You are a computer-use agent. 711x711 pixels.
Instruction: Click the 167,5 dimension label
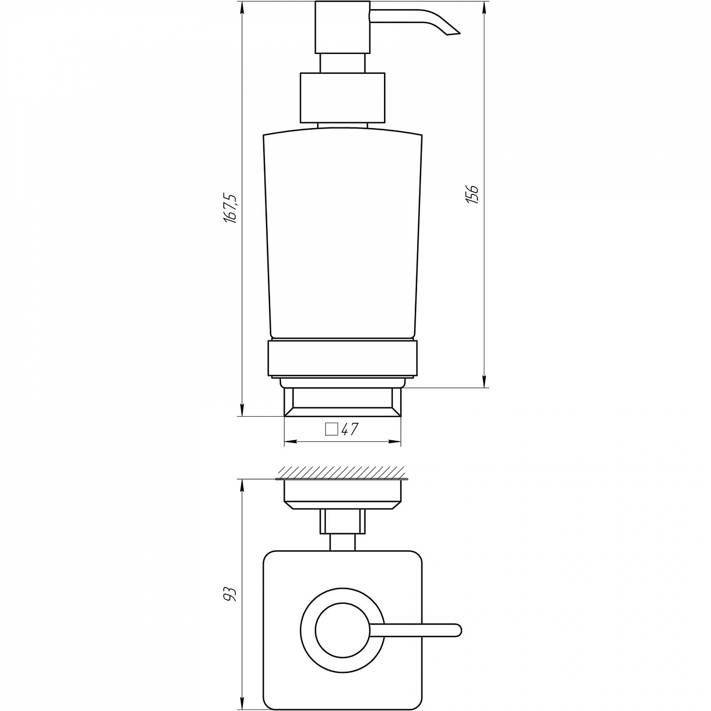click(x=230, y=209)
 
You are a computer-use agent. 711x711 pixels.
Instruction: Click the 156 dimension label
click(x=473, y=194)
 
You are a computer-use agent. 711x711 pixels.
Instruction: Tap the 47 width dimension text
click(x=350, y=429)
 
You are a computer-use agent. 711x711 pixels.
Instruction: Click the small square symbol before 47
click(x=331, y=429)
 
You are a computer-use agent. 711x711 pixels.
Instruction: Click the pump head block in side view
click(x=342, y=27)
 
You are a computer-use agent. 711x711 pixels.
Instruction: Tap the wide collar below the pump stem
click(x=342, y=98)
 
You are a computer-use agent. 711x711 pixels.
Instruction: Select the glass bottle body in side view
click(x=342, y=232)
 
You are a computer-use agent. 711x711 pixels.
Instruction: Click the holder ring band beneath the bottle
click(x=342, y=358)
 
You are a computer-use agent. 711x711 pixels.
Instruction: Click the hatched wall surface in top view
click(x=341, y=472)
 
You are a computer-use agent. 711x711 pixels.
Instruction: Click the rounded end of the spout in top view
click(x=456, y=630)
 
